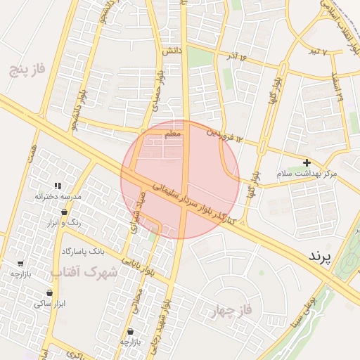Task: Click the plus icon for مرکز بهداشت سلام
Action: (x=307, y=162)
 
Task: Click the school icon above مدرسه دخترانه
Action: (x=58, y=186)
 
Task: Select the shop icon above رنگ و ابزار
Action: (x=65, y=212)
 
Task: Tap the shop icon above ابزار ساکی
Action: (x=49, y=292)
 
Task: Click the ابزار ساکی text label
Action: (x=49, y=304)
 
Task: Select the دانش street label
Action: (x=172, y=51)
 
